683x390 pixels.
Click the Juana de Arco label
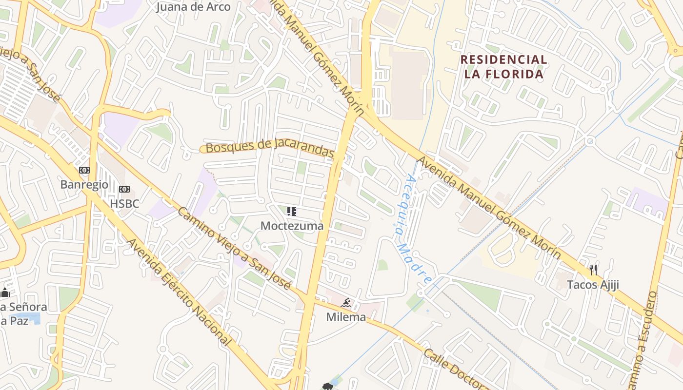coord(193,7)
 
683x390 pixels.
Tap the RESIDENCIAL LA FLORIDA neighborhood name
coord(503,67)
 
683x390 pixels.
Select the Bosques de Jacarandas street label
coord(270,147)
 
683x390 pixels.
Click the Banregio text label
coord(84,185)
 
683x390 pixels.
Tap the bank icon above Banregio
coord(84,170)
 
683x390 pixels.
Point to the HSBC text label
coord(124,203)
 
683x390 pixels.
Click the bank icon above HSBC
coord(124,189)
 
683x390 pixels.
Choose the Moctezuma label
coord(292,226)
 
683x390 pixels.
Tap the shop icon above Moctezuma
coord(292,212)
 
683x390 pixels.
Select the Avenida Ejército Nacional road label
coord(178,292)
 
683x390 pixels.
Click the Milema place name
coord(346,317)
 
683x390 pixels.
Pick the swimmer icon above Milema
coord(346,303)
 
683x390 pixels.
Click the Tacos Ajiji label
coord(593,285)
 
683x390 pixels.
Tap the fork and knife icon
coord(593,270)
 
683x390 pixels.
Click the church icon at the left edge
coord(5,292)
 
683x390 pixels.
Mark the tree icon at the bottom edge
coord(327,387)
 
